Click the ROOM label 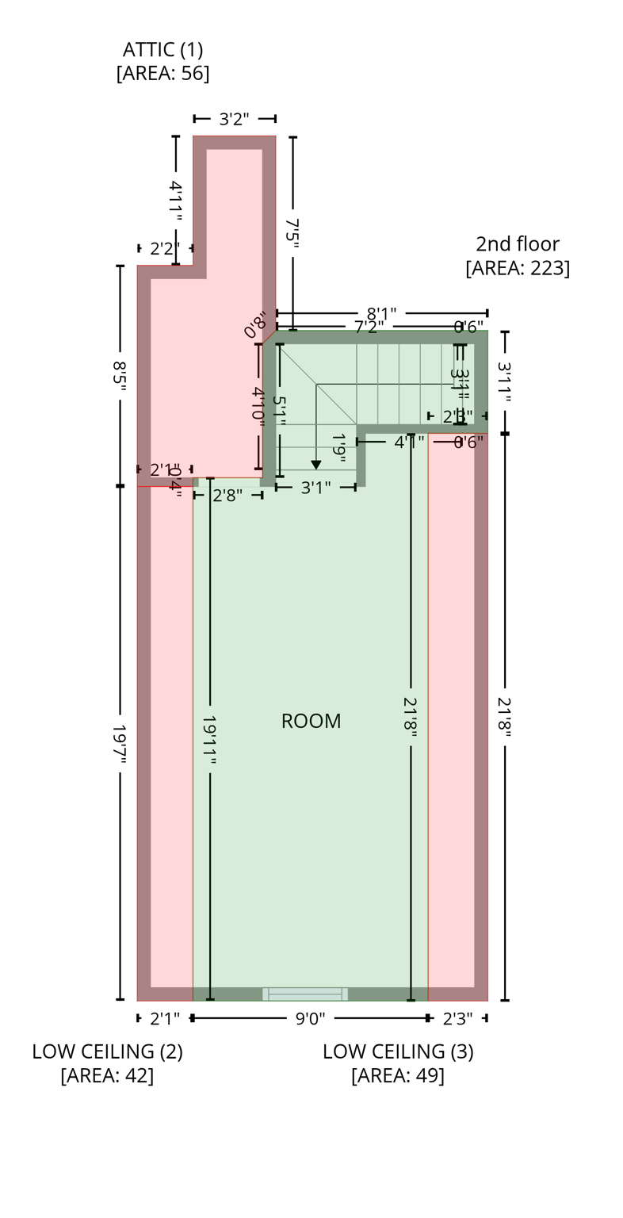point(311,721)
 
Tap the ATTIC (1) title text point(162,49)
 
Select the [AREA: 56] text point(162,73)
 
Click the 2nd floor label point(517,243)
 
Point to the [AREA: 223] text point(517,268)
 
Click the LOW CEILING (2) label point(107,1051)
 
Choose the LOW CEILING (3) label point(398,1051)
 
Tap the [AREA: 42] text point(107,1076)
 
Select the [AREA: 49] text point(398,1076)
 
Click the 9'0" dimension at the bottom point(310,1018)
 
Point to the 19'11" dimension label point(209,741)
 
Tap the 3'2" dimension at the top point(234,119)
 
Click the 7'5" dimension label point(292,234)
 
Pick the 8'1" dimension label point(381,314)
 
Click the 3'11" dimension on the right point(504,381)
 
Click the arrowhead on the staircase point(316,465)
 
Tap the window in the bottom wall point(305,994)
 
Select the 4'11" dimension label point(176,201)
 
